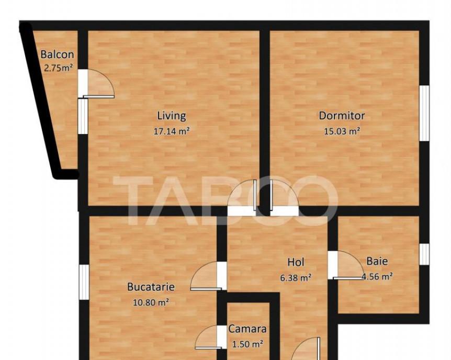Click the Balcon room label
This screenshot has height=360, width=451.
click(57, 54)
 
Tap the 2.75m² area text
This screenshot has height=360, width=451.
click(58, 68)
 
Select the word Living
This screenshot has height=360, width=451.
click(172, 116)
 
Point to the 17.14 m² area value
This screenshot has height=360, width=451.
click(172, 131)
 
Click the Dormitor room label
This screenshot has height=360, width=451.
click(342, 116)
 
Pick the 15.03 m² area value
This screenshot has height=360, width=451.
click(342, 131)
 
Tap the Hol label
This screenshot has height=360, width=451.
click(296, 262)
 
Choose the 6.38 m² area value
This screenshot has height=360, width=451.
click(296, 278)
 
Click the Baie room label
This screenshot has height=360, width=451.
click(377, 261)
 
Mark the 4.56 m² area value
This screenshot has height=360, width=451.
click(377, 277)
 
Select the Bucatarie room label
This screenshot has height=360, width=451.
click(151, 287)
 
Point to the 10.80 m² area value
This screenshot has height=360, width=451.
click(151, 303)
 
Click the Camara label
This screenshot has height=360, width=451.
click(247, 329)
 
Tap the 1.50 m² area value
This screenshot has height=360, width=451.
click(247, 344)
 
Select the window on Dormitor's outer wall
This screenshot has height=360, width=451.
click(424, 113)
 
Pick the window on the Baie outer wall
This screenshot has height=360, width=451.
click(424, 254)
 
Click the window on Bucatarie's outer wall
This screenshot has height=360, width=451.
click(84, 282)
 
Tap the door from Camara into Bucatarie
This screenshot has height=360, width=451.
click(208, 337)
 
